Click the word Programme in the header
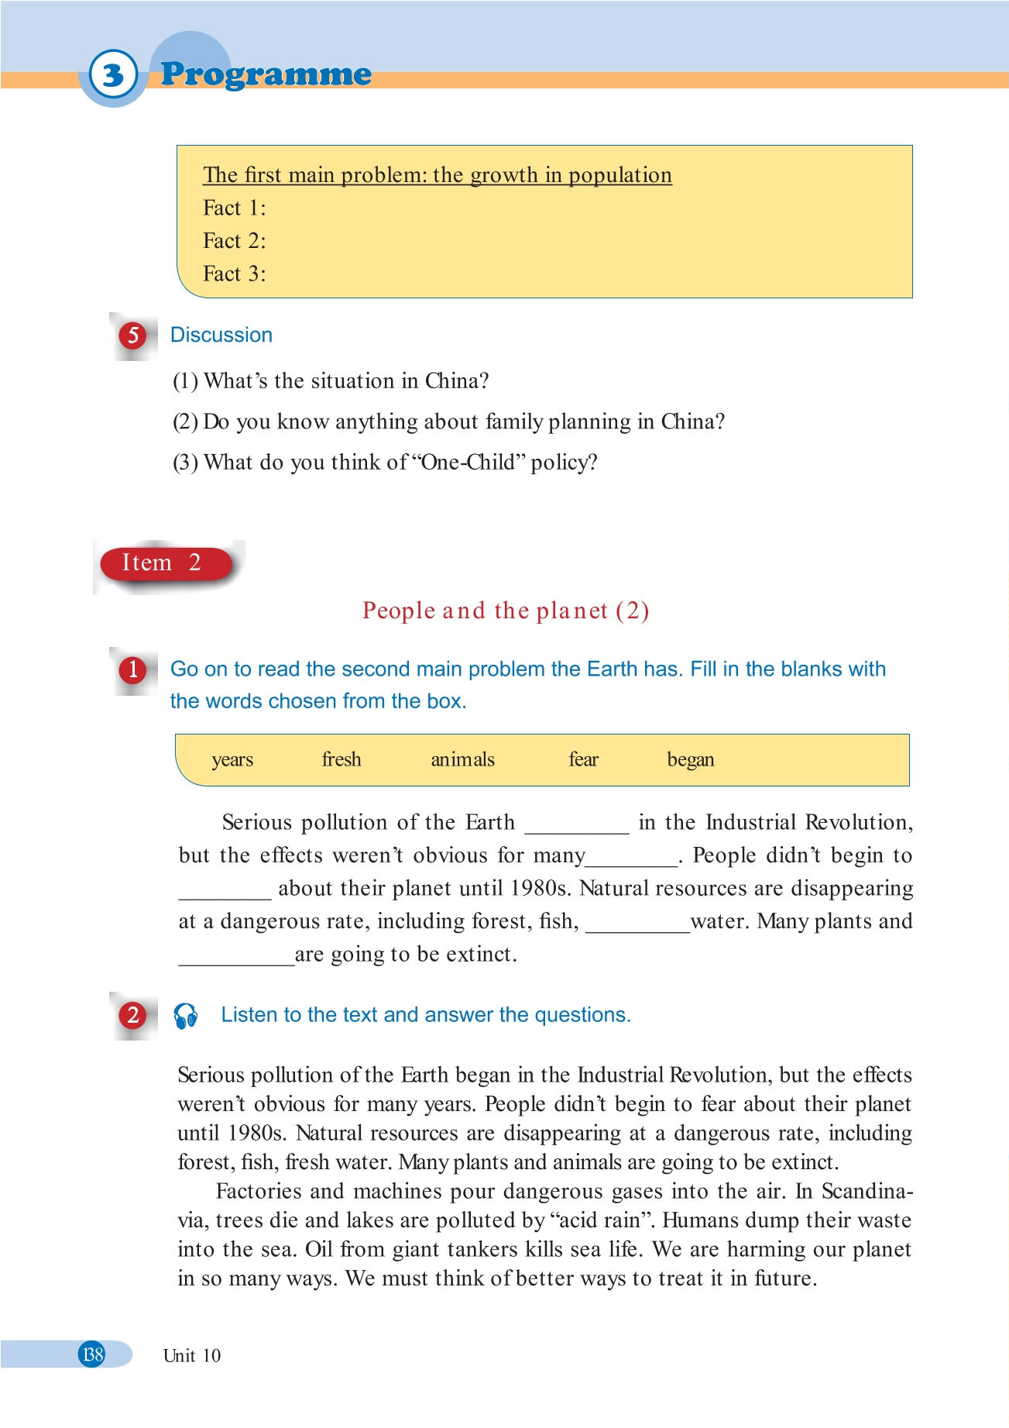(x=266, y=74)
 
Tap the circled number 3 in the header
(x=113, y=75)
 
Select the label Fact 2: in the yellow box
(x=234, y=241)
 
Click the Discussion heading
(x=221, y=335)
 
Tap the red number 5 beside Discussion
(x=133, y=335)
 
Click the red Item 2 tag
(x=162, y=563)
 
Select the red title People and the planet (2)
(x=505, y=611)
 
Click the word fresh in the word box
(x=341, y=759)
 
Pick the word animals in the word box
(x=462, y=759)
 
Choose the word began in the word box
(x=691, y=759)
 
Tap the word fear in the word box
(x=583, y=759)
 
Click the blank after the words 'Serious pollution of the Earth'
(x=577, y=827)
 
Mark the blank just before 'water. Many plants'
(x=637, y=926)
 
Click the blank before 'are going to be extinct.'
(x=236, y=959)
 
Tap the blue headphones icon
(x=186, y=1016)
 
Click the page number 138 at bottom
(x=92, y=1354)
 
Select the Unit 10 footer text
(x=192, y=1356)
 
